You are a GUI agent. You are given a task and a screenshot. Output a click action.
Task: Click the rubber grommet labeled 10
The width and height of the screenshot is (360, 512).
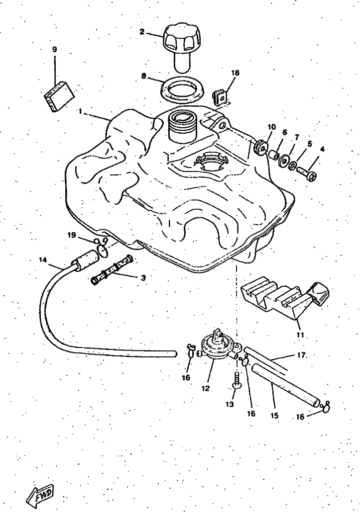(261, 147)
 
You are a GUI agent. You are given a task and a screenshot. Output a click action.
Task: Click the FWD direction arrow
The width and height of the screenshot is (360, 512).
(40, 495)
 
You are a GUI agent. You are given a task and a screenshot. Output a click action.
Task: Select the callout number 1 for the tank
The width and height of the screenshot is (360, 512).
(81, 112)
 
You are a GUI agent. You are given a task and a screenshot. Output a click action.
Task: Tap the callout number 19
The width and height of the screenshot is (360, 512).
(72, 235)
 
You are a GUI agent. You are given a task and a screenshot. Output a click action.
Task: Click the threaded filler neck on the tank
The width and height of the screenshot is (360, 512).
(182, 126)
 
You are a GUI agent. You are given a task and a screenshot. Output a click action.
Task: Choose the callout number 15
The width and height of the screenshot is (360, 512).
(275, 416)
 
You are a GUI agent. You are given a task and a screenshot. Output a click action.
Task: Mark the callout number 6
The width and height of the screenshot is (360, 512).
(284, 133)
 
